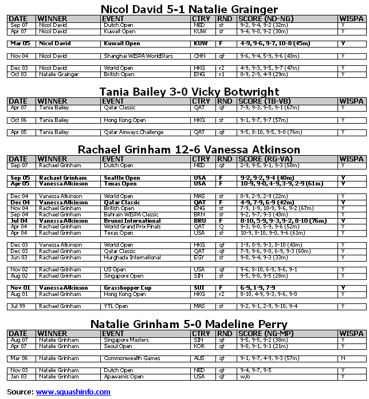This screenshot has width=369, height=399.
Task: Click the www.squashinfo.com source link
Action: click(x=73, y=392)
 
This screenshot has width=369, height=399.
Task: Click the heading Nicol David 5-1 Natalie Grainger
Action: click(x=181, y=9)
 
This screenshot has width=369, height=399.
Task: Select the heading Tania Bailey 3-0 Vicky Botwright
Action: click(x=181, y=92)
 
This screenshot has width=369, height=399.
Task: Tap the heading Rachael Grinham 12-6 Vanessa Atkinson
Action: click(x=189, y=149)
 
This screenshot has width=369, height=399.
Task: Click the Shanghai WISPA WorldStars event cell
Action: click(x=132, y=56)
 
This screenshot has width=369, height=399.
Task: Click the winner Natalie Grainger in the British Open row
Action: click(x=57, y=74)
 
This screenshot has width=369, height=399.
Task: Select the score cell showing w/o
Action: click(x=245, y=377)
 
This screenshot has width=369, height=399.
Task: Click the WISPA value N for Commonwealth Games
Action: click(x=343, y=358)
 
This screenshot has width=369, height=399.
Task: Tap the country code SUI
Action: click(x=200, y=288)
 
